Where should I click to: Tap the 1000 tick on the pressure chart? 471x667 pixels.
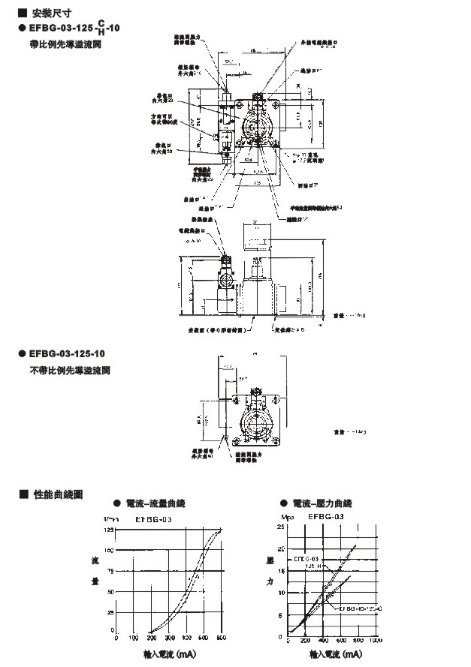point(376,640)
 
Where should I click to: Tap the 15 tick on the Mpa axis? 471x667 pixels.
point(282,571)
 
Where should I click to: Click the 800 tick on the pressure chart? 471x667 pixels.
point(358,640)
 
